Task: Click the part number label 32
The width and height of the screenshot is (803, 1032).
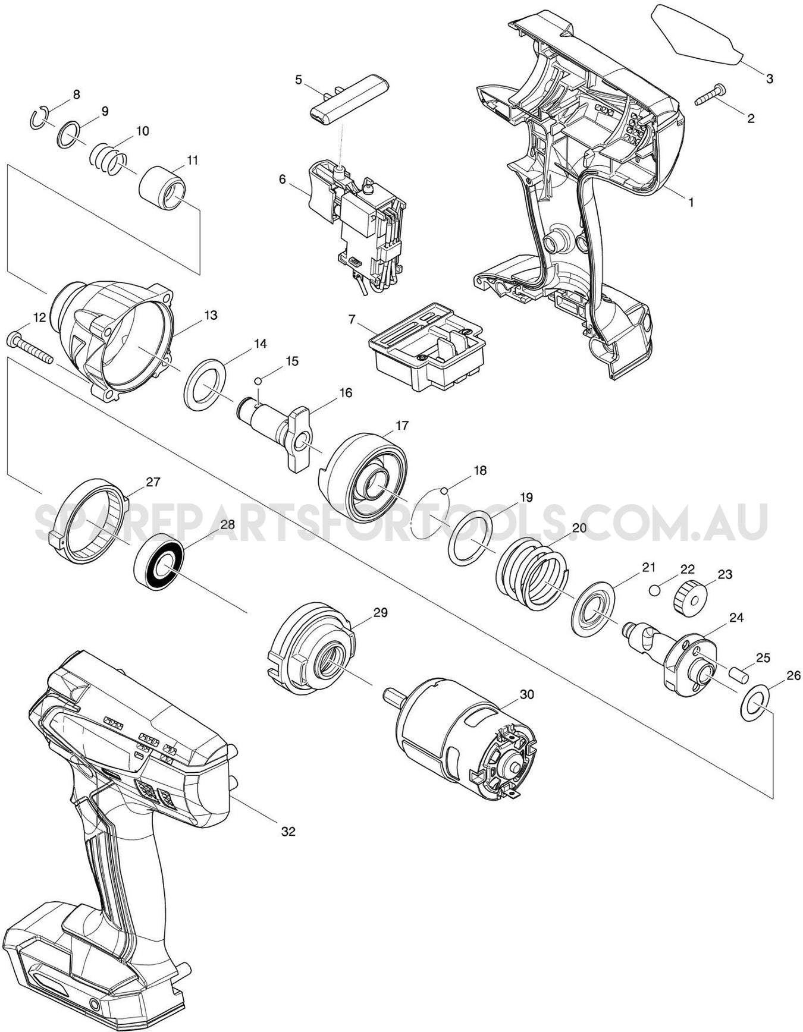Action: (288, 832)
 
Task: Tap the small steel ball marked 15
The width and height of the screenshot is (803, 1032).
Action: (258, 381)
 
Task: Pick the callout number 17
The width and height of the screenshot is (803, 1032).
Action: (402, 426)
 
